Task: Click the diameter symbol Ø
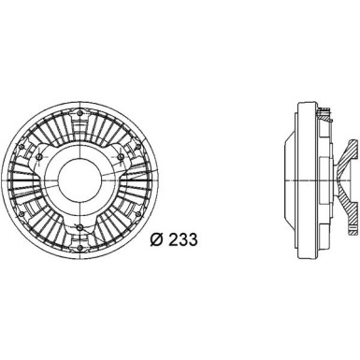pyautogui.click(x=157, y=240)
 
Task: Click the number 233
pyautogui.click(x=183, y=240)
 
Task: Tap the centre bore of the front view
pyautogui.click(x=80, y=180)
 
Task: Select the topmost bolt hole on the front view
pyautogui.click(x=80, y=113)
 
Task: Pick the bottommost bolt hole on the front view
pyautogui.click(x=80, y=248)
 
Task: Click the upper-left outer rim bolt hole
pyautogui.click(x=22, y=147)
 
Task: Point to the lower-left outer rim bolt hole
pyautogui.click(x=22, y=214)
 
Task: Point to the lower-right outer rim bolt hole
pyautogui.click(x=139, y=214)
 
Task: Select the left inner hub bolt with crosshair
pyautogui.click(x=39, y=156)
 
